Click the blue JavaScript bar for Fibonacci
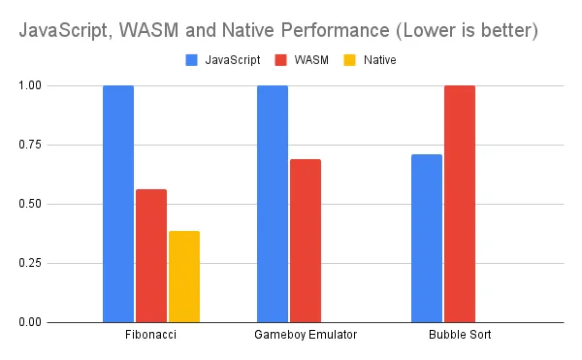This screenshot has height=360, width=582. pos(118,204)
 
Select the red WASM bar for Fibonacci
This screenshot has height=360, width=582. pos(151,255)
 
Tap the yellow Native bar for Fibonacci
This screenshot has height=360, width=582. pos(183,277)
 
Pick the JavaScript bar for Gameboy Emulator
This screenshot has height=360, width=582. pos(273,204)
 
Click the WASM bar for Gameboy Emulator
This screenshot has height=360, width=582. pos(306,241)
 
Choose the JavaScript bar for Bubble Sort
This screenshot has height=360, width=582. pos(427,238)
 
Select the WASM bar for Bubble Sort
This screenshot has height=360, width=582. pos(460,204)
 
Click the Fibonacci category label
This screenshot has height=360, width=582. pos(151,335)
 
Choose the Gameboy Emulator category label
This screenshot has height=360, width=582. pos(306,335)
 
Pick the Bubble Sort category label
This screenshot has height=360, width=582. pos(460,335)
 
